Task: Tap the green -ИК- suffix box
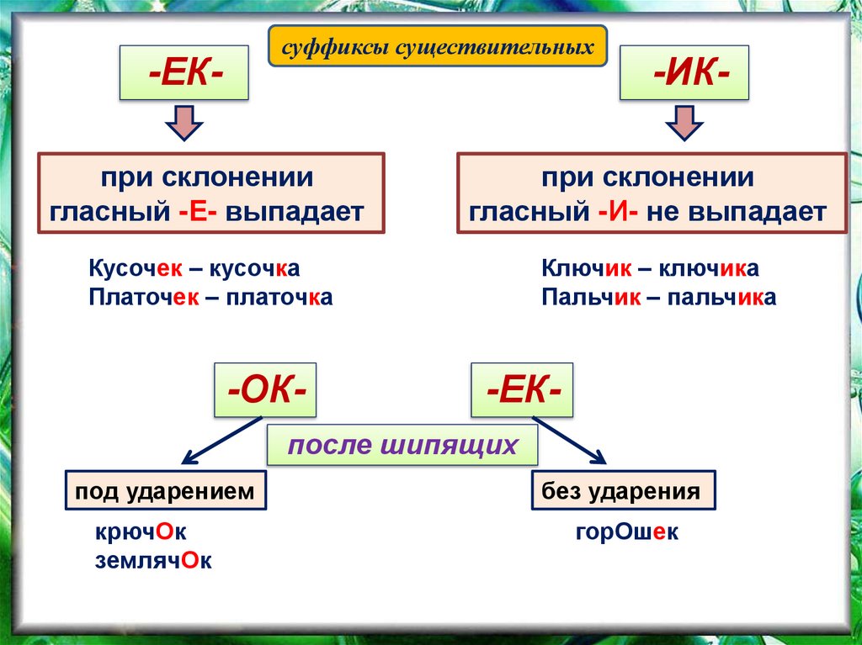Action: tap(684, 75)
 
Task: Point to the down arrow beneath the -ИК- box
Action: tap(684, 123)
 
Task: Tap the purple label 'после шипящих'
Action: tap(402, 445)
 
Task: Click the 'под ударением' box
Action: tap(165, 491)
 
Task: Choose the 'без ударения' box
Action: tap(622, 491)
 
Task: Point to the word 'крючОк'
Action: tap(139, 533)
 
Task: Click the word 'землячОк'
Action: tap(153, 561)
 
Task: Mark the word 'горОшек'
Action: tap(627, 533)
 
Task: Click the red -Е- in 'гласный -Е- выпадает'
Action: tap(197, 211)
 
